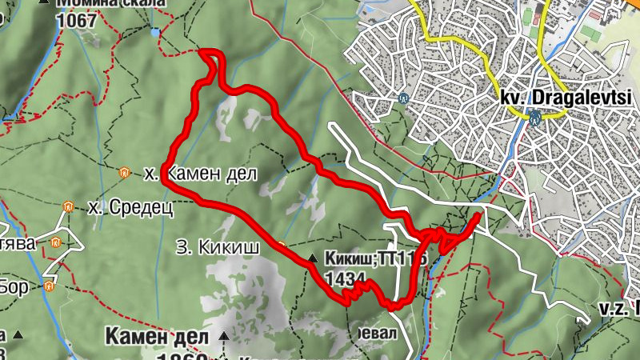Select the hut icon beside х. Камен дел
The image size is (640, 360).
pos(124,172)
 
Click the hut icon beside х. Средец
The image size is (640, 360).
pos(68,207)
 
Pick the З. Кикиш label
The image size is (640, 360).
pos(217,248)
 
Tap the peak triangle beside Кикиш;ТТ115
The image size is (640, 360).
pos(313,258)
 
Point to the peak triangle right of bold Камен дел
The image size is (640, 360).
pos(224,337)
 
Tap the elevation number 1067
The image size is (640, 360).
pos(77,20)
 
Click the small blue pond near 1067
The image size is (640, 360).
pos(154,33)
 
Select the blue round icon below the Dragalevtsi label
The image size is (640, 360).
pos(534,118)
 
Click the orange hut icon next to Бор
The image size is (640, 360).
pos(50,286)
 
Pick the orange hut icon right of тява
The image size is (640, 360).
pos(55,243)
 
